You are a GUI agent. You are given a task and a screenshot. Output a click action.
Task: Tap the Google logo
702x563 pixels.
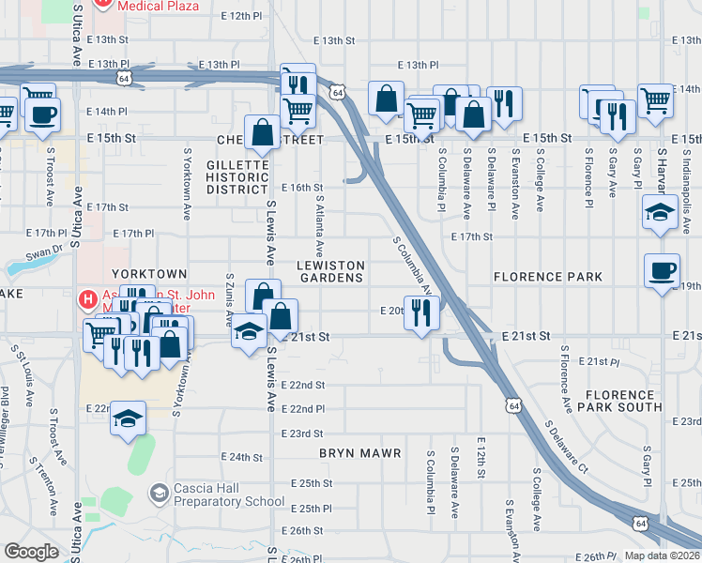click(x=31, y=552)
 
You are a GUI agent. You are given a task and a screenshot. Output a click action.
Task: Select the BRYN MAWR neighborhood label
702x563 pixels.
click(x=359, y=453)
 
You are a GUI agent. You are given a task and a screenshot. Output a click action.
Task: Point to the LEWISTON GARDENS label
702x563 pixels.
click(x=329, y=271)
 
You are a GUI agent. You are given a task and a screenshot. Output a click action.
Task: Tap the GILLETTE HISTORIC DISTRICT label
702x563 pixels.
click(x=237, y=176)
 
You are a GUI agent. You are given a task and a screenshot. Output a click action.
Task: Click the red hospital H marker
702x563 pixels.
click(x=86, y=300)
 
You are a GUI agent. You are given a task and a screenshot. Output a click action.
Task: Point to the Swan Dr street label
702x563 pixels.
click(x=43, y=253)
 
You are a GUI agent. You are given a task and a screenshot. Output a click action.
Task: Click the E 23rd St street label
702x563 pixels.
click(x=306, y=434)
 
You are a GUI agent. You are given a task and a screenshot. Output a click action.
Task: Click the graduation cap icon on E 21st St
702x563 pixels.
click(x=249, y=333)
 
